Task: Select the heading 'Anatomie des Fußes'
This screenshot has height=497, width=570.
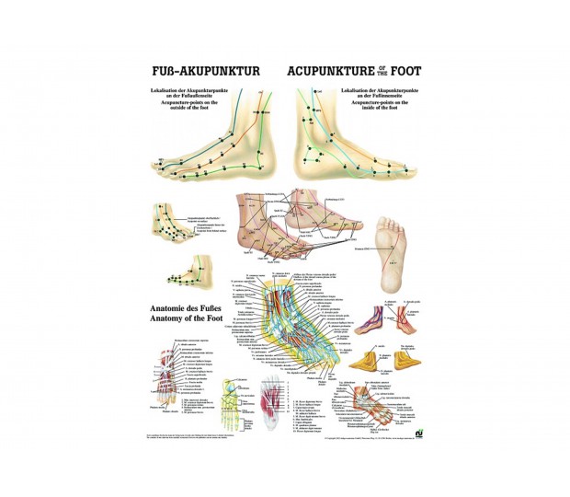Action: point(188,308)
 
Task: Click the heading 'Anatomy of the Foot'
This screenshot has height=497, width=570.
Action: point(189,320)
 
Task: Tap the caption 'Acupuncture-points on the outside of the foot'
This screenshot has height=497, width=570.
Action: point(188,104)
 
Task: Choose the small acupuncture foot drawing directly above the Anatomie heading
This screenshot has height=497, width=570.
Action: point(187,274)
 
